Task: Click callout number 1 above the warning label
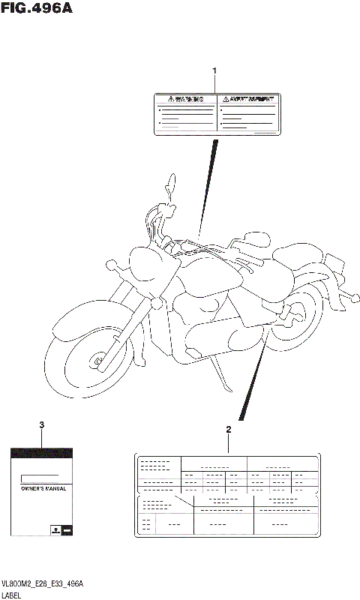(214, 71)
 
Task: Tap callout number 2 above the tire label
(229, 430)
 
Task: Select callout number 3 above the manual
(41, 425)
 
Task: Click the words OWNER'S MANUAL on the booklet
(41, 488)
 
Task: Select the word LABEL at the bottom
(13, 594)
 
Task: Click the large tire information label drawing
(228, 495)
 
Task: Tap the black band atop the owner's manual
(41, 453)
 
